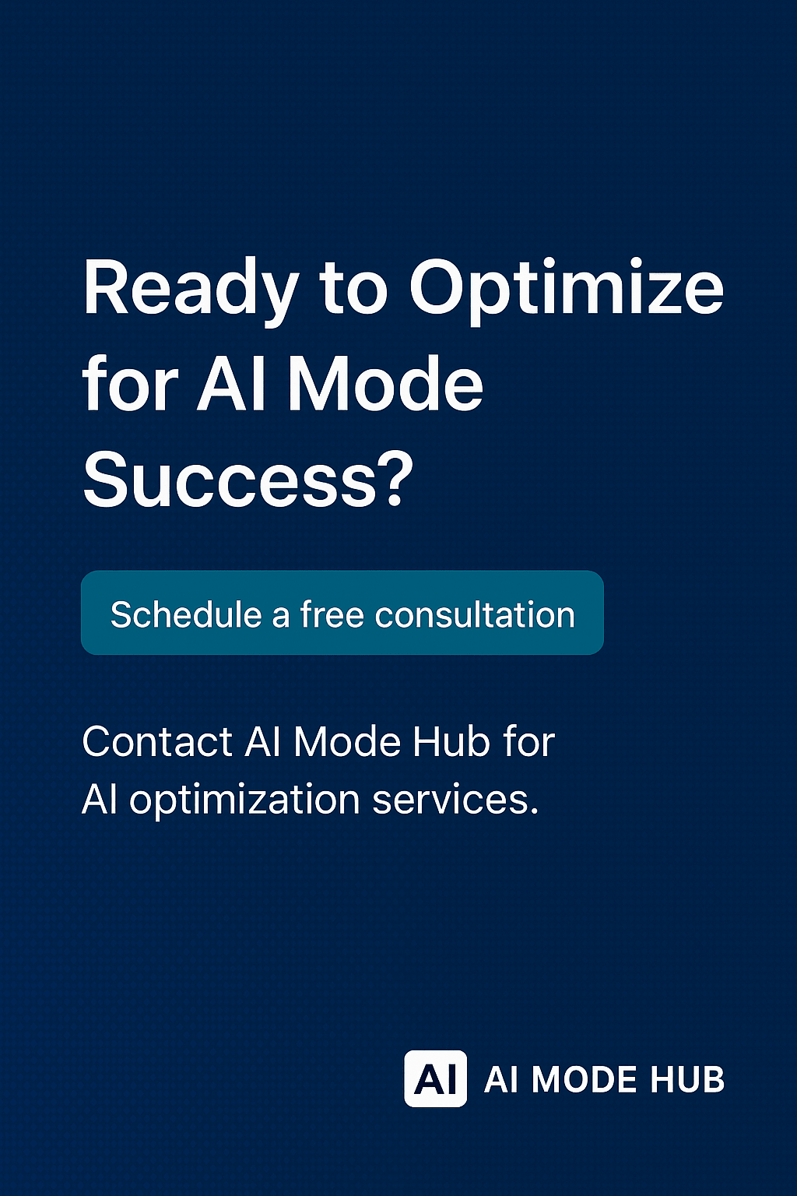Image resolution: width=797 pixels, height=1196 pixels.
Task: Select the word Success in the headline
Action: [x=230, y=480]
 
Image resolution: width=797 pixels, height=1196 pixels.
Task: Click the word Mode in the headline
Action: [x=385, y=385]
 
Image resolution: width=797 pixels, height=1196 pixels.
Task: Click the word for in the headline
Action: [x=130, y=385]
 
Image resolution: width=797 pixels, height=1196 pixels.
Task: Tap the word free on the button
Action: [x=332, y=615]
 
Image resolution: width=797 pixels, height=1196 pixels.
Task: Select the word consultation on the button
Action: [x=475, y=615]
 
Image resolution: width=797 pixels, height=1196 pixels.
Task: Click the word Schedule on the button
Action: [x=186, y=615]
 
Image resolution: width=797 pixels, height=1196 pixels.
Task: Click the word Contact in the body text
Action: [x=157, y=741]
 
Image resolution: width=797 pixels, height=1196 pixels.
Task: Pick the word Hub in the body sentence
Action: [x=451, y=741]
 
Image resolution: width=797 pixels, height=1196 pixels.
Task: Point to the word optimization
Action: [x=244, y=800]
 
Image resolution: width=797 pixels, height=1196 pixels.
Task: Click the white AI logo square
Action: [x=435, y=1079]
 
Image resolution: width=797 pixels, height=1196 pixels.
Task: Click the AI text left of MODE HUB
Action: [x=500, y=1080]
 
